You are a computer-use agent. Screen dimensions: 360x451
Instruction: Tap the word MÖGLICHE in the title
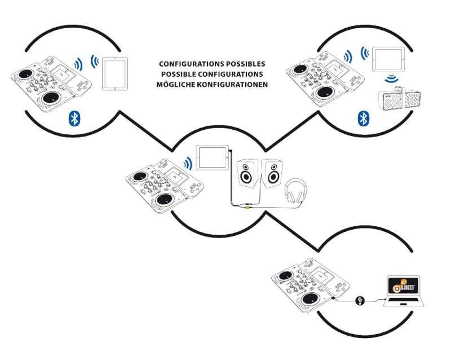click(183, 85)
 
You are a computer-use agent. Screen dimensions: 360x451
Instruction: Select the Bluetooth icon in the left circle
click(73, 117)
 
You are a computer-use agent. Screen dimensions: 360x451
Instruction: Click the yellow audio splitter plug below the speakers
click(247, 207)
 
